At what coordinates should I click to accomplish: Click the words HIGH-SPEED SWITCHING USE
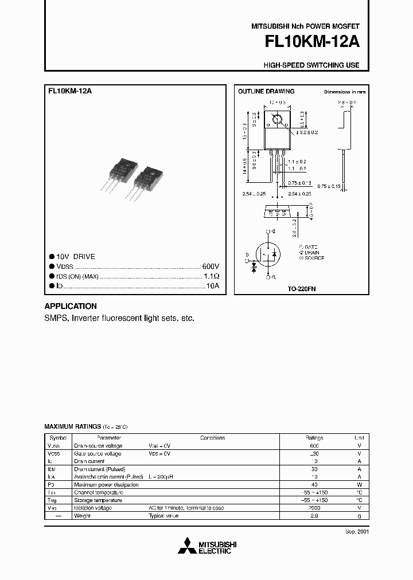point(311,65)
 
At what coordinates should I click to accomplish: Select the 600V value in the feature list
point(211,267)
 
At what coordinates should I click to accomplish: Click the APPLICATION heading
point(71,306)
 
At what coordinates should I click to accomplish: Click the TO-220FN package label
point(302,289)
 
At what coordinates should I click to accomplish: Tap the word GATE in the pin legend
point(311,247)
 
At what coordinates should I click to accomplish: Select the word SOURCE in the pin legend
point(313,258)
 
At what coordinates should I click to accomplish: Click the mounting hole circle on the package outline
point(278,120)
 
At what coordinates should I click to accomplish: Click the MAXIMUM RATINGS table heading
point(72,427)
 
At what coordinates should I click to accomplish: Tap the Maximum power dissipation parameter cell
point(106,484)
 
